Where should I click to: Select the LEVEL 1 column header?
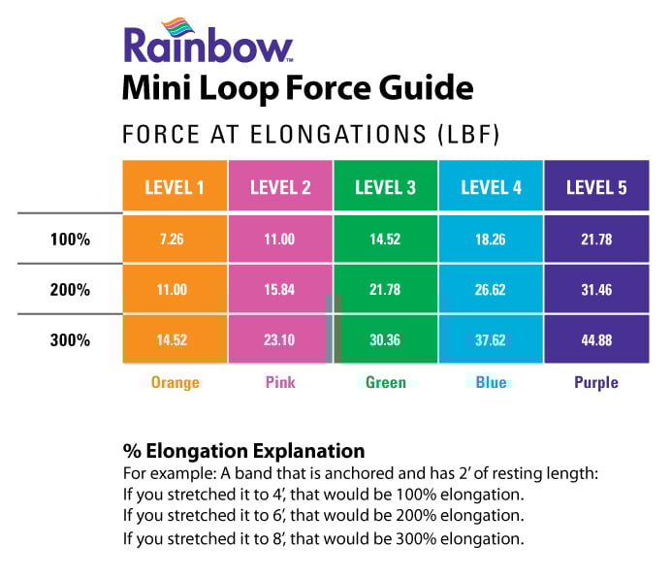point(175,187)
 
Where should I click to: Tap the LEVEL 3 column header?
point(385,187)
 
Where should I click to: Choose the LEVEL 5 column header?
point(595,187)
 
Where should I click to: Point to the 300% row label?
point(70,340)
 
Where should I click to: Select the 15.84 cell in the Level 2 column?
point(280,290)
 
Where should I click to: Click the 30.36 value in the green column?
point(385,340)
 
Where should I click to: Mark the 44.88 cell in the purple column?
point(595,340)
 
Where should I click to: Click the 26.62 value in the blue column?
point(491,290)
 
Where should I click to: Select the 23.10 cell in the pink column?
point(280,340)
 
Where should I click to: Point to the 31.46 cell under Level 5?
point(595,290)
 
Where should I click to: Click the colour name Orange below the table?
point(175,382)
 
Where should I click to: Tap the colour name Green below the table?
point(385,382)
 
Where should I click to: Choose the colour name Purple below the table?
point(595,382)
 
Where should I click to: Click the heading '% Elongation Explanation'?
point(243,451)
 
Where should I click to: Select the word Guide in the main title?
point(424,89)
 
